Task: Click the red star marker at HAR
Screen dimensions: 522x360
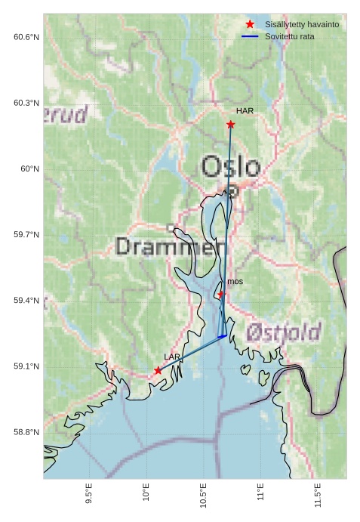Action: pos(230,124)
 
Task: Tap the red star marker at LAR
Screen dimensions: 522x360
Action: pos(158,370)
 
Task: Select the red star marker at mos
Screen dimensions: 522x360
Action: pos(220,294)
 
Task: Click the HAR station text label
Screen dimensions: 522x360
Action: pos(245,111)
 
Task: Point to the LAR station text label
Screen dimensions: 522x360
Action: pos(172,357)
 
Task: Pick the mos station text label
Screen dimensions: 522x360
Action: pos(235,281)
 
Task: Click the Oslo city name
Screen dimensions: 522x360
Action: pos(230,166)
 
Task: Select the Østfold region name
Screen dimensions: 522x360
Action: pos(284,332)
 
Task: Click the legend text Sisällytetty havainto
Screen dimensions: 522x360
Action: pos(302,25)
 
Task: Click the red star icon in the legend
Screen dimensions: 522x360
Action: pos(250,25)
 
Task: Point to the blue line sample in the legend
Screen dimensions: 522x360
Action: pos(250,36)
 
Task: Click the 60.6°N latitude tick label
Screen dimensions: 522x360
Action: pos(26,37)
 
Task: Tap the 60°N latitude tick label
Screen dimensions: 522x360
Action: pos(29,168)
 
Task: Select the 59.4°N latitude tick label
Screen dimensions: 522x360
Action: pos(26,301)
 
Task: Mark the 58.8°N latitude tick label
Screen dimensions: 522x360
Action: pos(26,432)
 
